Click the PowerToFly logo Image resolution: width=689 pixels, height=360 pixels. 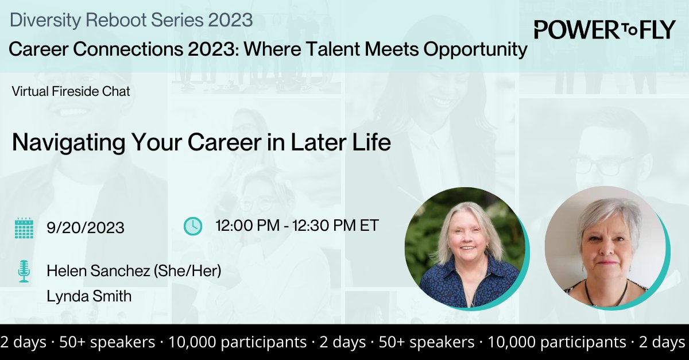[x=605, y=30]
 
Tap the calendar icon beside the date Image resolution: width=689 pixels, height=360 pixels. [x=23, y=227]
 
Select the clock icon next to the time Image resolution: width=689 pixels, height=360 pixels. [x=193, y=226]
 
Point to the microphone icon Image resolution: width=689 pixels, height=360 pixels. [x=24, y=271]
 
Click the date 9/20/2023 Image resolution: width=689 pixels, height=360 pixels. [x=86, y=228]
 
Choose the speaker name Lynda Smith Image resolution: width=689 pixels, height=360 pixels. [x=89, y=296]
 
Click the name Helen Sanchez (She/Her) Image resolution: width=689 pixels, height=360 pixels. [x=134, y=271]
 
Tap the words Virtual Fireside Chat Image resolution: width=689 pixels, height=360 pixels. [x=71, y=91]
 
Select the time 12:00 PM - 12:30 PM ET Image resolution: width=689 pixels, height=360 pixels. [x=297, y=226]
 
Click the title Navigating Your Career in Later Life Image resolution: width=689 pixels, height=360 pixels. [x=202, y=143]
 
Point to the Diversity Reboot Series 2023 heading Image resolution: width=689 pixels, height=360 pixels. [x=131, y=20]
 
